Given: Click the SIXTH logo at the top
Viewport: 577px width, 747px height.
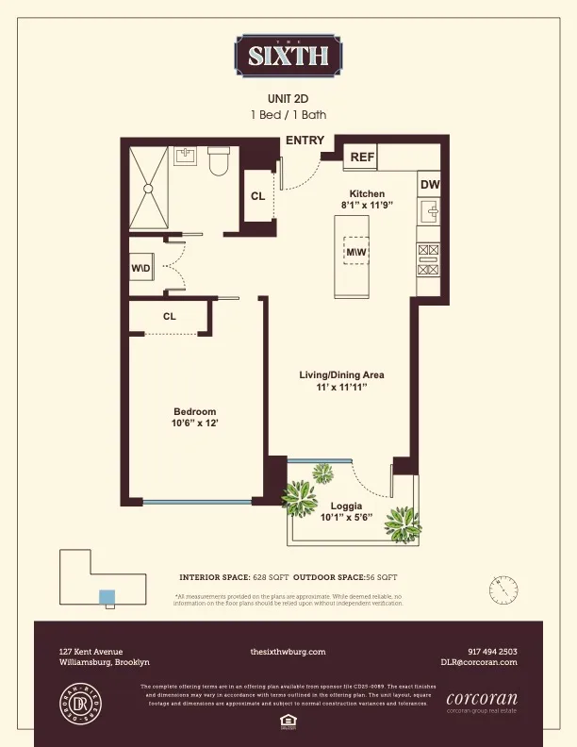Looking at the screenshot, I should tap(288, 55).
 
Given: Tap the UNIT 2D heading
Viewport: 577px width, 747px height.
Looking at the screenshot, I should tap(288, 97).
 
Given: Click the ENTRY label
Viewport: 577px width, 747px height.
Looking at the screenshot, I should tap(305, 141).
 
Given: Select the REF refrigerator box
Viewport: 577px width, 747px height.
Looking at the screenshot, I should tap(362, 158).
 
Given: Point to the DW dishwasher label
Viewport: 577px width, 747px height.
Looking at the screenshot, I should tap(430, 185).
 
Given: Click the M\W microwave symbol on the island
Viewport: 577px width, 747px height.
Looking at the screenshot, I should tap(355, 254).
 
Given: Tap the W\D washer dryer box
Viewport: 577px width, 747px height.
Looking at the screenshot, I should tap(141, 270).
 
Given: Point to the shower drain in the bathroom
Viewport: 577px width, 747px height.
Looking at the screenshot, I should tap(148, 188).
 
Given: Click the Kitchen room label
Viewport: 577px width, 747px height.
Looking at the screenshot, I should tap(366, 193).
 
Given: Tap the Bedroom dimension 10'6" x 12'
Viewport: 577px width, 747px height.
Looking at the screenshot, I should tap(194, 423).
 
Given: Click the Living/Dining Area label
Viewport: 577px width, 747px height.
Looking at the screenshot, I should tap(341, 374).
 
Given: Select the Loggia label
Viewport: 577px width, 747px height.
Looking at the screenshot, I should tap(346, 506).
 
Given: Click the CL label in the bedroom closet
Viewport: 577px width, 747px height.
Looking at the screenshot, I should tap(169, 317).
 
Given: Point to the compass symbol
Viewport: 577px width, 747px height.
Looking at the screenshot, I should tap(503, 589).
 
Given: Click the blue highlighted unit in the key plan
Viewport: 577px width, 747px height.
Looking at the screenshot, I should tap(107, 596).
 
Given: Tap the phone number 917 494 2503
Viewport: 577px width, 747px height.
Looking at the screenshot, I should tap(492, 651).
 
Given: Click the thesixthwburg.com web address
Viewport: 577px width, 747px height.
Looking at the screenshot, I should tap(288, 651).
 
